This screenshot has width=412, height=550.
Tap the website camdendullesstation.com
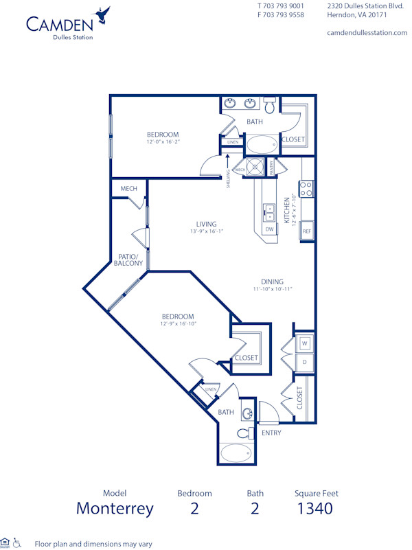(367, 32)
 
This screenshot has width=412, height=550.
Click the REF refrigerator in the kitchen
(307, 231)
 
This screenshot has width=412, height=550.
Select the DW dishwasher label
(269, 229)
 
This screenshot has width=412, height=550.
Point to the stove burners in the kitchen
(306, 188)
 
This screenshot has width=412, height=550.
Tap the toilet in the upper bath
(270, 106)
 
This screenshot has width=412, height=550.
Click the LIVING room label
(206, 224)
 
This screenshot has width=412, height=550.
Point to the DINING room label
(272, 282)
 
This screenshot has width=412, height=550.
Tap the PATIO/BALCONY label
(128, 259)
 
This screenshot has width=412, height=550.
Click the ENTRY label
(271, 433)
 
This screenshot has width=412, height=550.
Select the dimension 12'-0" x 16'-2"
(163, 142)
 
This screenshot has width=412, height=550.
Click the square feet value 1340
(316, 509)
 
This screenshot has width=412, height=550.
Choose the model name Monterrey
(115, 509)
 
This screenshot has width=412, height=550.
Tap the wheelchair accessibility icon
(18, 543)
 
